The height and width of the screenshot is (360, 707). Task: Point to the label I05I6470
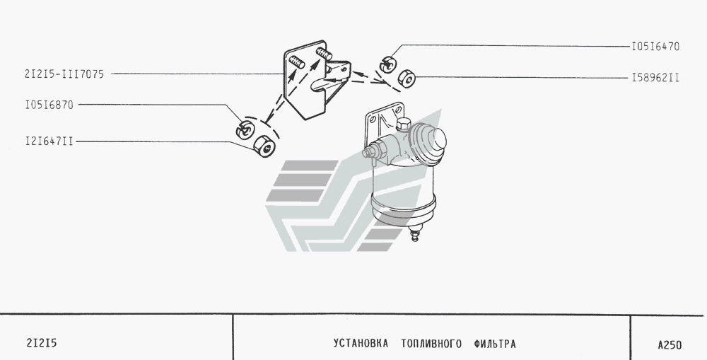(x=655, y=47)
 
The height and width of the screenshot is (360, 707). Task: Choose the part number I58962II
(x=655, y=77)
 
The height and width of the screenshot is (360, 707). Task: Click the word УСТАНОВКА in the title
(x=361, y=344)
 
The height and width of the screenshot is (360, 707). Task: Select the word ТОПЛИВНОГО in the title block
(x=430, y=344)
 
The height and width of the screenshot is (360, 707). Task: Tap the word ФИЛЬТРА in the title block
(x=491, y=344)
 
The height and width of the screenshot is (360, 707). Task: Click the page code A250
(x=669, y=345)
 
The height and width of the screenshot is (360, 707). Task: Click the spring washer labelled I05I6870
(x=245, y=129)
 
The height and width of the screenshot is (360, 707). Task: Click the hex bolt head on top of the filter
(x=404, y=126)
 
